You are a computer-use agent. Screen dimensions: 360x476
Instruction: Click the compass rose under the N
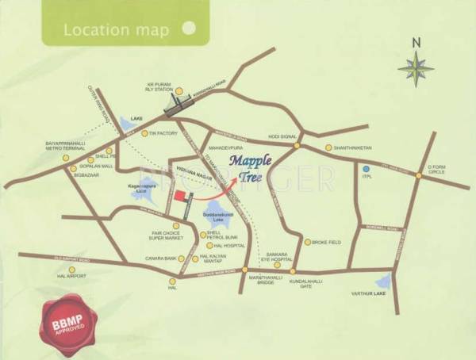pos(416,67)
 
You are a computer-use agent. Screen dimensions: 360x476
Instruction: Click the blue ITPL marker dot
pos(367,169)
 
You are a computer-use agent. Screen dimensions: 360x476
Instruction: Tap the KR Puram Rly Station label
pos(159,88)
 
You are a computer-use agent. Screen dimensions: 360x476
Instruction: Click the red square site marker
pos(180,196)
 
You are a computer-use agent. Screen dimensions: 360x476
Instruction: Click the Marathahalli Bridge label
pos(244,283)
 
